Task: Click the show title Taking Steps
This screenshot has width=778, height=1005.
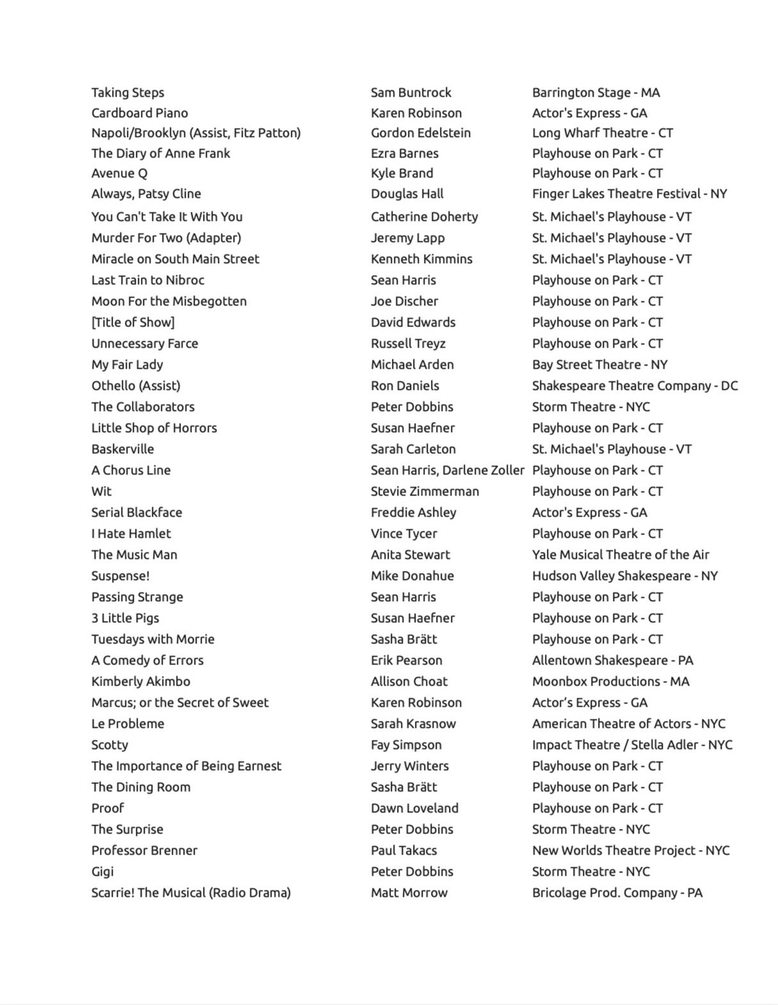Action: [x=127, y=93]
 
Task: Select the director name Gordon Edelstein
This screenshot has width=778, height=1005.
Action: [x=420, y=133]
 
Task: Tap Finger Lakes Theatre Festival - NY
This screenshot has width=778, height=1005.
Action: [x=629, y=194]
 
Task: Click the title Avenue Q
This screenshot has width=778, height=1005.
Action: [x=119, y=173]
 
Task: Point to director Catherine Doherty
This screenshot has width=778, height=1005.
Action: [x=424, y=217]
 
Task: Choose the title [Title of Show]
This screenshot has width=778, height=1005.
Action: [x=133, y=323]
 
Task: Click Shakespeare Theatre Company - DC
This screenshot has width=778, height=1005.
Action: [x=635, y=386]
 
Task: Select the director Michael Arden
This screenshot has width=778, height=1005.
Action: [x=412, y=365]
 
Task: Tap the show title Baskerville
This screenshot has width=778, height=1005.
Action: [x=122, y=449]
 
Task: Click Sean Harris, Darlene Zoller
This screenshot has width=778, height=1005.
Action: [x=447, y=470]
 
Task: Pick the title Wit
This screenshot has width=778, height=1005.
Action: [x=101, y=492]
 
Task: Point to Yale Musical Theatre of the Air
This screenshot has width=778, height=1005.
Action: [x=620, y=555]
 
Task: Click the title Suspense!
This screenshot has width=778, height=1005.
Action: [x=120, y=576]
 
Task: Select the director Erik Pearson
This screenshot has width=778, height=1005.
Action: [x=406, y=661]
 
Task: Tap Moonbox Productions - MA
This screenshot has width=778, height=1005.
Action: [x=610, y=682]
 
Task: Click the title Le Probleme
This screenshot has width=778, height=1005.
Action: [x=127, y=724]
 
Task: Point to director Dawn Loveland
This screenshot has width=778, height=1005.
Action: [x=414, y=808]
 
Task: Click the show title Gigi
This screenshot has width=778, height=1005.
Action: [x=102, y=872]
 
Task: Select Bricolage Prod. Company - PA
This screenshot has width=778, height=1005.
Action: [x=617, y=893]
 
